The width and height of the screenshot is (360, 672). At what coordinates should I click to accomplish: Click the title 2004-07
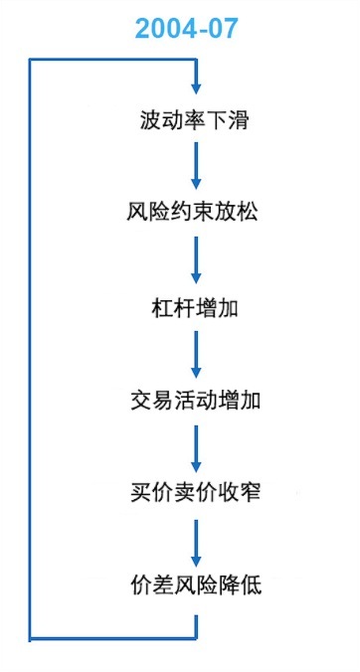(187, 29)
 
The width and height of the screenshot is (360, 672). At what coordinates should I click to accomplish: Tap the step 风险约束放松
(195, 214)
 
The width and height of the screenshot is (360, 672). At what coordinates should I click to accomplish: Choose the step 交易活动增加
(195, 400)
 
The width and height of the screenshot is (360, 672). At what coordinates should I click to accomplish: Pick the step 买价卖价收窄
(195, 492)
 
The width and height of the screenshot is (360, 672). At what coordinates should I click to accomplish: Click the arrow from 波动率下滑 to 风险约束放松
(196, 167)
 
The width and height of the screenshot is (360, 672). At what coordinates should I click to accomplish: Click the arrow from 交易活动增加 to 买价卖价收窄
(196, 445)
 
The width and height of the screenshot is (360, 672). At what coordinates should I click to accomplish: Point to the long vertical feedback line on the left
(30, 348)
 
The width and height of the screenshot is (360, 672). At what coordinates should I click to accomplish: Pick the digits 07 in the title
(222, 29)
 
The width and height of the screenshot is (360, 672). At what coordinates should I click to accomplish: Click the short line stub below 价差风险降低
(196, 624)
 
